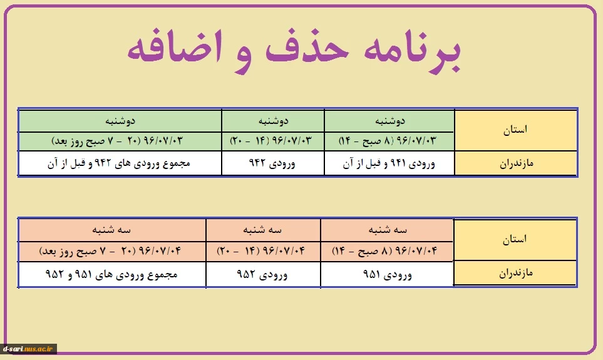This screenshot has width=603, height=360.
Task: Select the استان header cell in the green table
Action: click(x=516, y=130)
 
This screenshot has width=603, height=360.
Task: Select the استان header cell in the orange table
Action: click(x=515, y=240)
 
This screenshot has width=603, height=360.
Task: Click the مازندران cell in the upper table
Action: click(x=516, y=163)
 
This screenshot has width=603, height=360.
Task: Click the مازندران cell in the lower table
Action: click(x=515, y=273)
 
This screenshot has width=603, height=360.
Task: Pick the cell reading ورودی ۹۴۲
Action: click(x=272, y=163)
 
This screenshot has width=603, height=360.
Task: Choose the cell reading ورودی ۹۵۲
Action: click(x=263, y=274)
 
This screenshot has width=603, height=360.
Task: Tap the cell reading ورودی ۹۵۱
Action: click(x=387, y=274)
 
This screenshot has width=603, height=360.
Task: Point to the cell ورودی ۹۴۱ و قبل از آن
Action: click(x=389, y=163)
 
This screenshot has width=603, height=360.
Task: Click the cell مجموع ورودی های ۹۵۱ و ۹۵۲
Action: click(x=112, y=274)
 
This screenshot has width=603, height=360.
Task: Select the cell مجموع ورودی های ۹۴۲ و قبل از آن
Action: click(x=120, y=163)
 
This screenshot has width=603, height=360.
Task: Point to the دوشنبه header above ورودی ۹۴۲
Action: click(x=272, y=121)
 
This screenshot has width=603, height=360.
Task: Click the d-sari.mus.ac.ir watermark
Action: click(x=28, y=349)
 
